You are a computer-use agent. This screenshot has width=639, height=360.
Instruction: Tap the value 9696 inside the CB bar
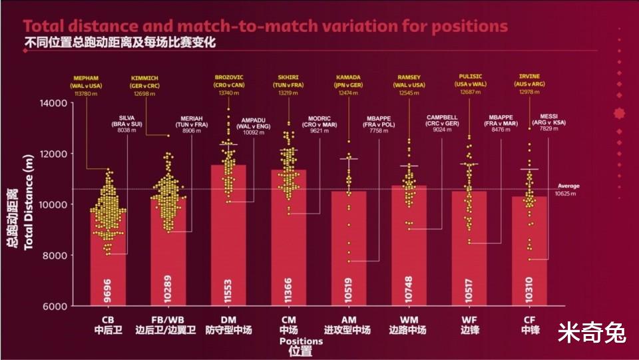point(108,291)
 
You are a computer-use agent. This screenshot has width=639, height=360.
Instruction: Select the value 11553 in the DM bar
point(228,291)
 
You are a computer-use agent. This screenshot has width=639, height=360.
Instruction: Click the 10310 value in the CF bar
point(529,291)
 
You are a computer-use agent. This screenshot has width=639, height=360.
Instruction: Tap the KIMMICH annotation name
point(145,78)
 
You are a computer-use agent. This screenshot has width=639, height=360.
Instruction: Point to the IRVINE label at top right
point(530,77)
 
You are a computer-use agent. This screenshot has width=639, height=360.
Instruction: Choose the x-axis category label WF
point(469,319)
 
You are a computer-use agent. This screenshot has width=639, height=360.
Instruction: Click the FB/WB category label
point(165,319)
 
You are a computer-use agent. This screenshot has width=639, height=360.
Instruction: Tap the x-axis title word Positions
point(301,341)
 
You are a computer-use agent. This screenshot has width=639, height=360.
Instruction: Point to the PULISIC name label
point(469,77)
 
